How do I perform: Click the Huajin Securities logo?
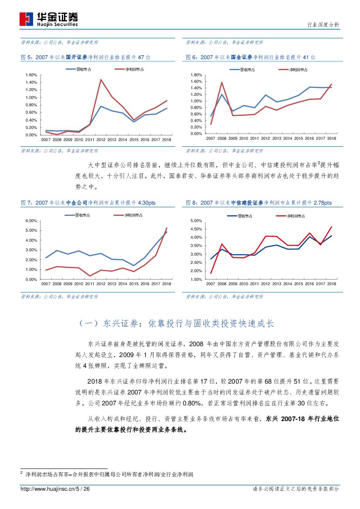[x=49, y=19]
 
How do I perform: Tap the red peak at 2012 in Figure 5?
[x=101, y=79]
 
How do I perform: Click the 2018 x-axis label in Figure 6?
[x=331, y=138]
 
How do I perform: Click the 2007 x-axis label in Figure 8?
[x=211, y=284]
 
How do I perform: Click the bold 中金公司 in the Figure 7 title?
[x=77, y=203]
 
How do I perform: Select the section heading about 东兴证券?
[x=177, y=324]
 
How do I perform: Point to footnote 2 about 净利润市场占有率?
[x=109, y=474]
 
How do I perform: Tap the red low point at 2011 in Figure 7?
[x=90, y=276]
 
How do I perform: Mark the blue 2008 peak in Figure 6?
[x=222, y=94]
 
